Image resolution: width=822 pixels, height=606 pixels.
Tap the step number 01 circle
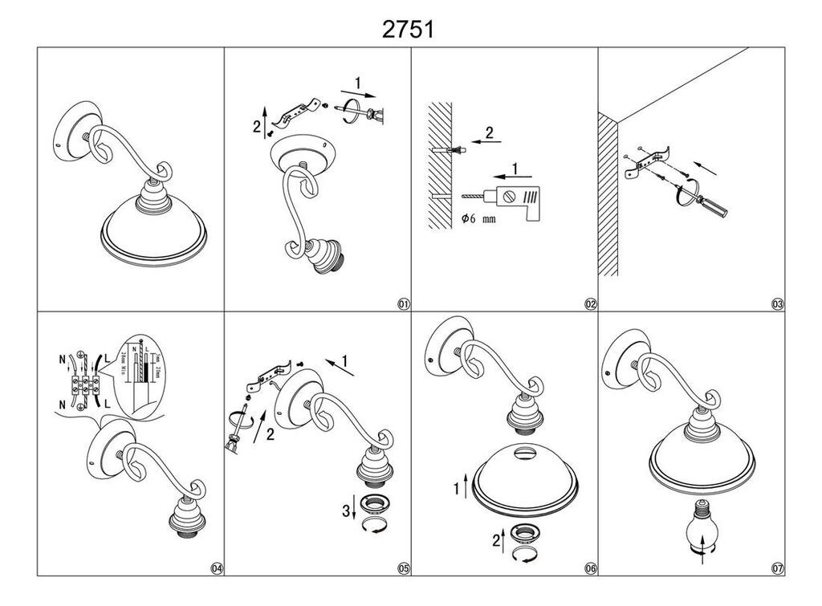[x=403, y=304]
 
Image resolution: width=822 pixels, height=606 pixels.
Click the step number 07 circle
[x=777, y=568]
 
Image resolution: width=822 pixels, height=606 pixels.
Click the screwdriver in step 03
[x=706, y=201]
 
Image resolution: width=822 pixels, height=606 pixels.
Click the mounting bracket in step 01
[x=299, y=112]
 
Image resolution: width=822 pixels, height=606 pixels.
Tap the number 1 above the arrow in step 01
[x=358, y=82]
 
